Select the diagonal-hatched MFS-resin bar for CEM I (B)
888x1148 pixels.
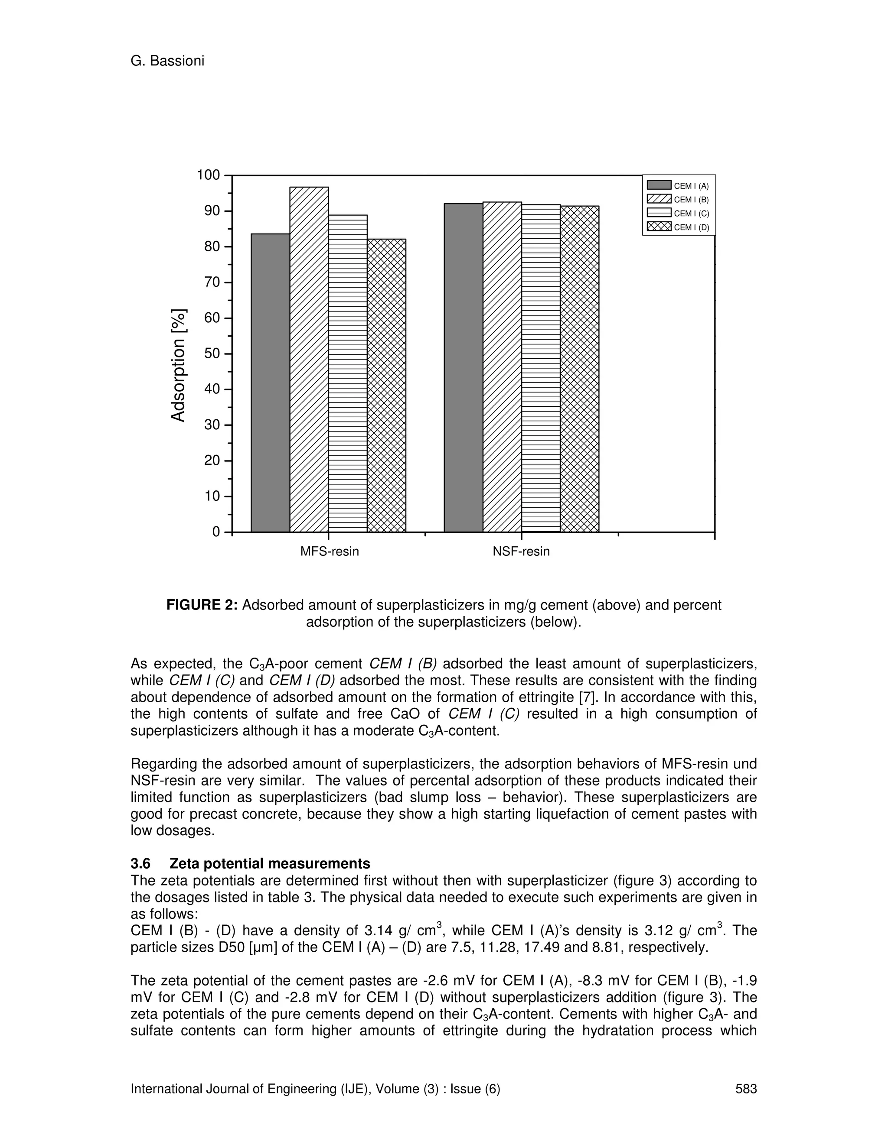point(309,360)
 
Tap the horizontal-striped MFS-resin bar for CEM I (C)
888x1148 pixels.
point(348,373)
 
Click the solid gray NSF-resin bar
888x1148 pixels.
point(463,368)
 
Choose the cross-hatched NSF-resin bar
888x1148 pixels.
point(579,369)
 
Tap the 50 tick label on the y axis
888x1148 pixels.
point(212,354)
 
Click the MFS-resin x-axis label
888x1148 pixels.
point(330,551)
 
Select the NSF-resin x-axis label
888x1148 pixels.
point(521,551)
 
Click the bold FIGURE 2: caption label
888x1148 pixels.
point(202,605)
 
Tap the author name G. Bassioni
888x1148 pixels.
point(167,61)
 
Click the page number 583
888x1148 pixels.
point(745,1089)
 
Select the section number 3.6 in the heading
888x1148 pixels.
point(140,864)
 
